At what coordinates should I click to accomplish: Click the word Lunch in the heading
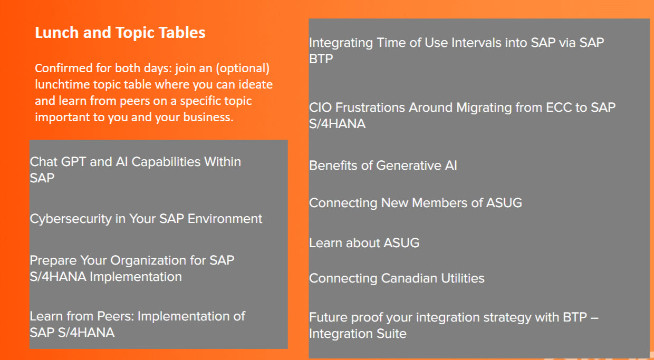pos(56,32)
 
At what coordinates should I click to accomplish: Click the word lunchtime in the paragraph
pos(62,85)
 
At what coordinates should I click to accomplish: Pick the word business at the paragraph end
pos(208,117)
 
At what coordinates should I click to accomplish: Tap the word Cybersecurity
pos(71,219)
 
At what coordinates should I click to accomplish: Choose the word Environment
pos(225,219)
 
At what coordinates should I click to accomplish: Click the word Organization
pos(148,261)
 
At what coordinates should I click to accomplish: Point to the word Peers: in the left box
pos(115,316)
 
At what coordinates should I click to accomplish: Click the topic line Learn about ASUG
pos(364,243)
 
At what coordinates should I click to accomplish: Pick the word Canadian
pos(409,278)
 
